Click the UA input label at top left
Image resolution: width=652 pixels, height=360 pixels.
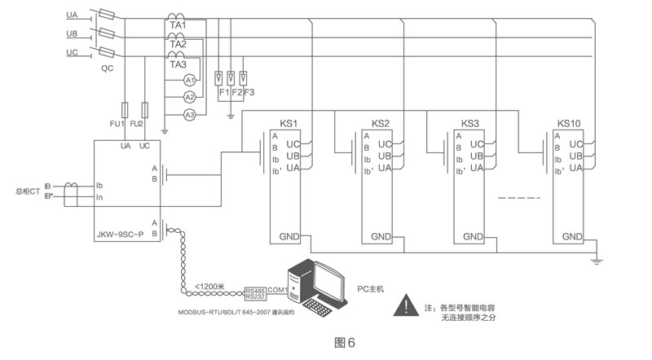click(x=72, y=15)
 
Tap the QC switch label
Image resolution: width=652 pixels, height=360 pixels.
click(x=107, y=69)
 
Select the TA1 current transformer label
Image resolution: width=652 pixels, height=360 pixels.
click(x=178, y=25)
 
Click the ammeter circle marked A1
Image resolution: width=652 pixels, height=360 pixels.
click(x=188, y=80)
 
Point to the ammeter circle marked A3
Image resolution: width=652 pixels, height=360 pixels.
click(x=188, y=115)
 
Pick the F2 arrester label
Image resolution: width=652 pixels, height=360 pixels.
click(x=236, y=92)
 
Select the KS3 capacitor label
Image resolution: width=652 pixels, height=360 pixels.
click(x=470, y=124)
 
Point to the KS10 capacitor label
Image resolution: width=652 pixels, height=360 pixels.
click(x=569, y=124)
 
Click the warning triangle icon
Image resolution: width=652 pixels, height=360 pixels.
click(x=402, y=306)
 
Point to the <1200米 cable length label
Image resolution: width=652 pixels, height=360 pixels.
click(x=210, y=287)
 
